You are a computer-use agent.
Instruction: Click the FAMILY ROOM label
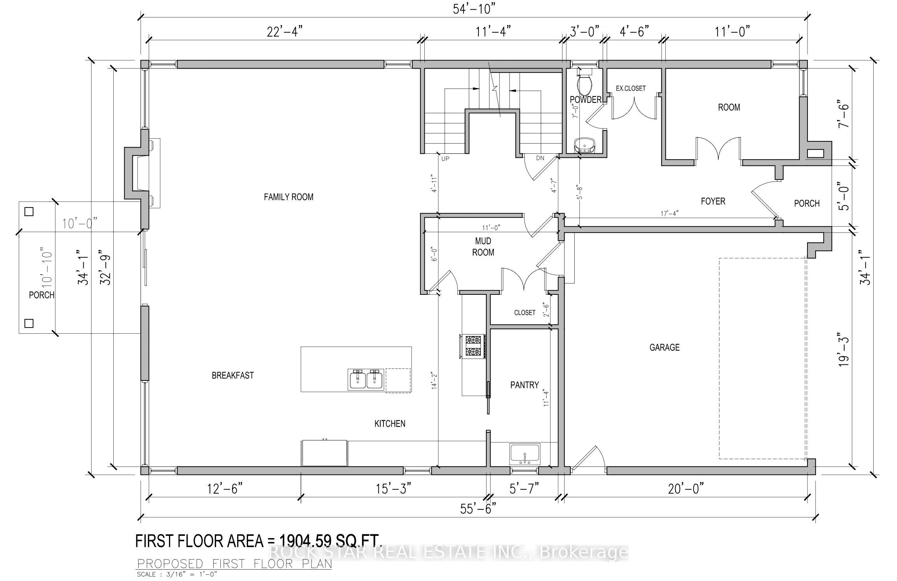[x=288, y=197]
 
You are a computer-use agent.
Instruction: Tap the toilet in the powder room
[x=584, y=84]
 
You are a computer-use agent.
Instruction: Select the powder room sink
[x=584, y=145]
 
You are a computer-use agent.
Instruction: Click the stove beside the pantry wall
[x=473, y=347]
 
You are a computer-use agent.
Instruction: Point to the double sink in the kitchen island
[x=366, y=379]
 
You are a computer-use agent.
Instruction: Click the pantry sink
[x=525, y=454]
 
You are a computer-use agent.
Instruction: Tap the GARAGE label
[x=664, y=347]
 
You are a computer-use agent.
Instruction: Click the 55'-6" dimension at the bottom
[x=478, y=509]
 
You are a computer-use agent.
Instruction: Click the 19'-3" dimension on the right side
[x=843, y=355]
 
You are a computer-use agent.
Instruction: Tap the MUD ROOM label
[x=483, y=246]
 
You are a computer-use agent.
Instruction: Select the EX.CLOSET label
[x=630, y=88]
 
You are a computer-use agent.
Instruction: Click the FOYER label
[x=713, y=201]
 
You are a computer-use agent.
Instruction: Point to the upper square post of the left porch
[x=29, y=211]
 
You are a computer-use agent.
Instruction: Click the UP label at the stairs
[x=445, y=158]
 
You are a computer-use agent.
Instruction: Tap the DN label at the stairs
[x=540, y=158]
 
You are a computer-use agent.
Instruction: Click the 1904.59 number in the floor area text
[x=305, y=541]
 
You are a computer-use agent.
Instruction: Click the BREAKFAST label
[x=232, y=375]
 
